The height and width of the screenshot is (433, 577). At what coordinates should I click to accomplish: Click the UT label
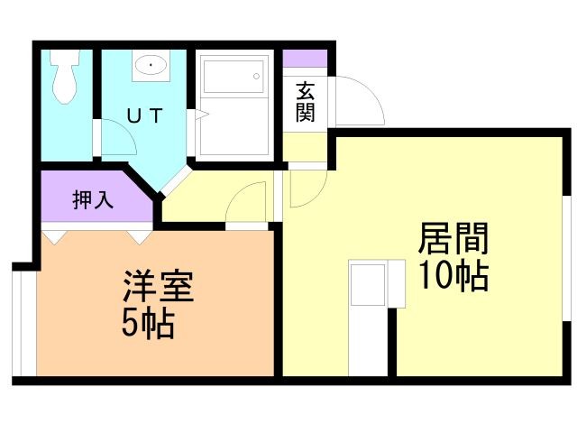(x=143, y=115)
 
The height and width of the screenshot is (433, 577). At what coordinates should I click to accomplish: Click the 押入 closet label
(x=93, y=199)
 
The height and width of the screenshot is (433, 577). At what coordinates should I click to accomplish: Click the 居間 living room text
(x=453, y=240)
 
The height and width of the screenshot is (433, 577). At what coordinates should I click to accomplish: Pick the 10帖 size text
(x=453, y=274)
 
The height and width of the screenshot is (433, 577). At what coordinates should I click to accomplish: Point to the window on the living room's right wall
(x=568, y=257)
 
